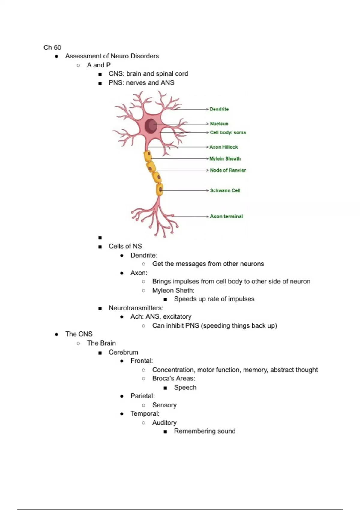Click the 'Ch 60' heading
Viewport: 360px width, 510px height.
52,47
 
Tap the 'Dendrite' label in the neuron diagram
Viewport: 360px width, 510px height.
219,109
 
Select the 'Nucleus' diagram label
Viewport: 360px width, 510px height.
219,124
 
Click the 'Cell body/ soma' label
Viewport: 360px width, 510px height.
228,132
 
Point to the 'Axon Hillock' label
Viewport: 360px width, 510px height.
223,147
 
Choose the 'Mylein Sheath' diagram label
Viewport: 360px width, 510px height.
225,159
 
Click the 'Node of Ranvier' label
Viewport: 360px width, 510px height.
228,170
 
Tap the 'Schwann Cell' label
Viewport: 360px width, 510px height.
225,190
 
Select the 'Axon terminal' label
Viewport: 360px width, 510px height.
226,216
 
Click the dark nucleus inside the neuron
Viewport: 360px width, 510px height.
151,125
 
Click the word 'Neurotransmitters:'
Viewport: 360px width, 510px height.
136,308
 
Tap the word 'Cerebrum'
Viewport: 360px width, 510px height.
123,352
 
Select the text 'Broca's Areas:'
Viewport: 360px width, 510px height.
173,378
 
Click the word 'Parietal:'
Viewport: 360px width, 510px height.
142,396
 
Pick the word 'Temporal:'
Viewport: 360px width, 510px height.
145,413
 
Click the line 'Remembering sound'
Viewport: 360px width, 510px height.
205,431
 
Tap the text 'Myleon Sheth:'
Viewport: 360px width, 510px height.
173,290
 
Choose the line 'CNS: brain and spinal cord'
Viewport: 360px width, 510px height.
148,74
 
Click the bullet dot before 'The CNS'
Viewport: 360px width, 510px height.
57,334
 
